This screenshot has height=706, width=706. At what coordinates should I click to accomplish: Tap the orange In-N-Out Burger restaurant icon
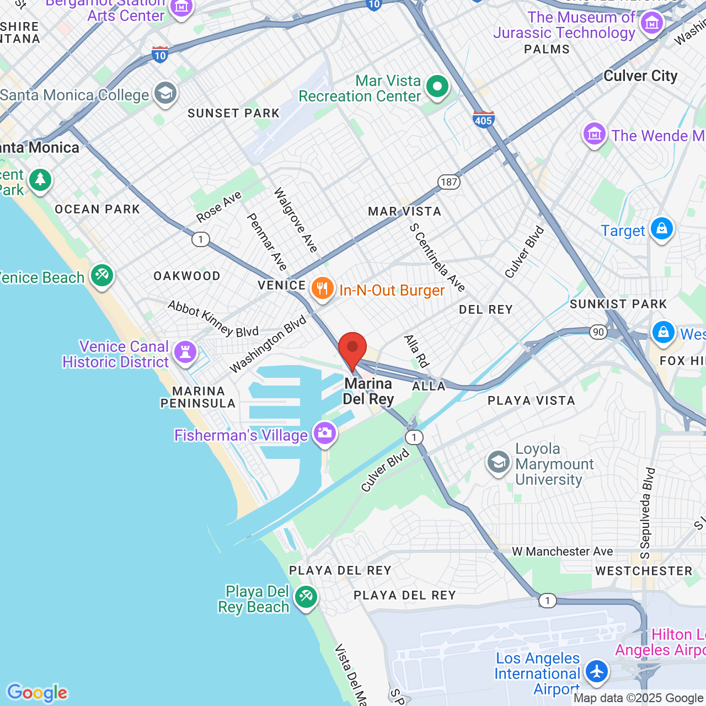[322, 288]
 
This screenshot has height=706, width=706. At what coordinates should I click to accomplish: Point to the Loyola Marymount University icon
[498, 463]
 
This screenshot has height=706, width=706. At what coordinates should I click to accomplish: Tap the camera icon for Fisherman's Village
[324, 433]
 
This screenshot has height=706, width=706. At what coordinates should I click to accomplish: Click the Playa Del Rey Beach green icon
[305, 597]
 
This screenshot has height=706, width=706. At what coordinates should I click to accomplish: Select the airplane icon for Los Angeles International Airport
[596, 672]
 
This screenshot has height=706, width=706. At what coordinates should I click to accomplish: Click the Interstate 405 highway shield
[483, 119]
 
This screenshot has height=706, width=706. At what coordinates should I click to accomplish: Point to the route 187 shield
[449, 182]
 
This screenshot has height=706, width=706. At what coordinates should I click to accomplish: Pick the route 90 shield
[598, 332]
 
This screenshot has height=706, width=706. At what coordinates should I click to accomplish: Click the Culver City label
[640, 76]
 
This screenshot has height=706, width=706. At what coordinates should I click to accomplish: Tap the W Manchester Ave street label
[562, 552]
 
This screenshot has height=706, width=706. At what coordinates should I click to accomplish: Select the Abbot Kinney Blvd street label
[213, 319]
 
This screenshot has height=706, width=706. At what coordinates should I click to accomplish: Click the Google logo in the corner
[37, 693]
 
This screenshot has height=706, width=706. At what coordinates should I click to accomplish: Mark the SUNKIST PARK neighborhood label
[618, 304]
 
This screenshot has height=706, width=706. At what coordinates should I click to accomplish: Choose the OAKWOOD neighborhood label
[187, 276]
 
